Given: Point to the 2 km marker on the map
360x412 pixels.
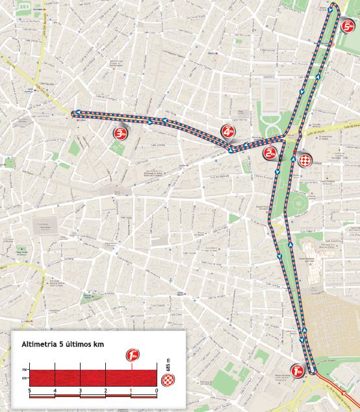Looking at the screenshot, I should tap(271, 153).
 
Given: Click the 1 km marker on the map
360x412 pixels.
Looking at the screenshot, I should tap(298, 370).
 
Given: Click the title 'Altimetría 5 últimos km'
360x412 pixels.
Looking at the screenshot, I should tap(62, 343).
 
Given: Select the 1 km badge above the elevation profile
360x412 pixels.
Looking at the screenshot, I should tap(133, 355).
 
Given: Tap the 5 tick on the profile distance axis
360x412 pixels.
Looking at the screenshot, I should tap(30, 391).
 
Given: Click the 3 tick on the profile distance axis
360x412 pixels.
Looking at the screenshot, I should tap(80, 391).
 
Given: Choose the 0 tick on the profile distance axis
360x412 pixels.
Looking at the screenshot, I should tap(157, 391).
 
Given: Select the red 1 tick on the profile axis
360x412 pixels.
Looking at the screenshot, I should tap(131, 391).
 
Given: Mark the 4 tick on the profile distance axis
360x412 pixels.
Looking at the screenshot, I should tap(55, 391).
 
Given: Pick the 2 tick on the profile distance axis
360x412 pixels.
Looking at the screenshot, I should tap(105, 391).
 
